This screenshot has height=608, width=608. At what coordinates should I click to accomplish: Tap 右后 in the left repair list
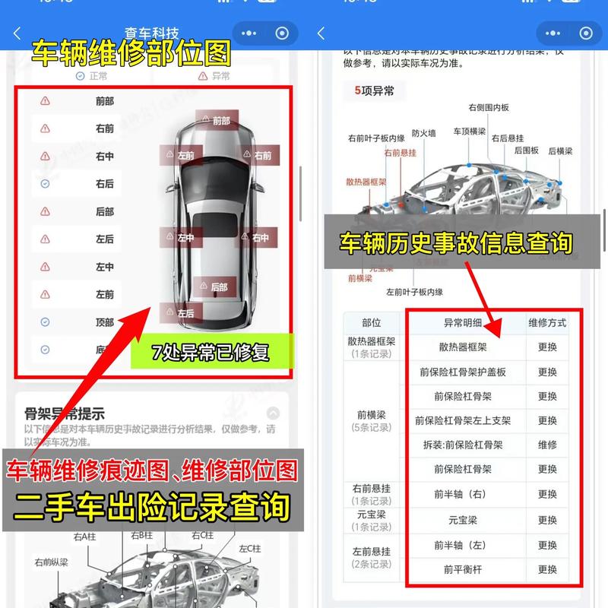[105, 184]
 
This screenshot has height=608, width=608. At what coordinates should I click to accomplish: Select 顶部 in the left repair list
[105, 322]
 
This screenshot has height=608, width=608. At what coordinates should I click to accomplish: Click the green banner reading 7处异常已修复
[211, 352]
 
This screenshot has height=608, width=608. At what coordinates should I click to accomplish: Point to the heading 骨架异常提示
[65, 413]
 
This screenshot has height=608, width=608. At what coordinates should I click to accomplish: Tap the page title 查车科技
[152, 33]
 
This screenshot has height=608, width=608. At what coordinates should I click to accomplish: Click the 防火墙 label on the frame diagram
[424, 133]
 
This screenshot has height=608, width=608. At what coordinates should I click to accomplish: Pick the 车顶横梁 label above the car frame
[470, 131]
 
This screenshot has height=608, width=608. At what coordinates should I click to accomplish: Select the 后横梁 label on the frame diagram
[561, 151]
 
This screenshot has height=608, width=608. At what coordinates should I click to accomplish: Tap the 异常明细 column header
[463, 322]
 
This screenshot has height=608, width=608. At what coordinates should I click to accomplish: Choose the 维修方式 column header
[547, 322]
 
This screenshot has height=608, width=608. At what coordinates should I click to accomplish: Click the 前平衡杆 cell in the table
[463, 569]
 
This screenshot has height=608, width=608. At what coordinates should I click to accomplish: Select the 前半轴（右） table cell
[463, 494]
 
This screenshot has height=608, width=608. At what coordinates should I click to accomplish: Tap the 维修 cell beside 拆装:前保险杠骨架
[547, 445]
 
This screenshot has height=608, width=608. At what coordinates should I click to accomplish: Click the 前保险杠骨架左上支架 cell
[463, 420]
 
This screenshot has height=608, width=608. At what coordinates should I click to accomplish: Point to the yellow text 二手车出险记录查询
[153, 507]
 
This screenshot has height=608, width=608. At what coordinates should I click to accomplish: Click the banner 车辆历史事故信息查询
[455, 243]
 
